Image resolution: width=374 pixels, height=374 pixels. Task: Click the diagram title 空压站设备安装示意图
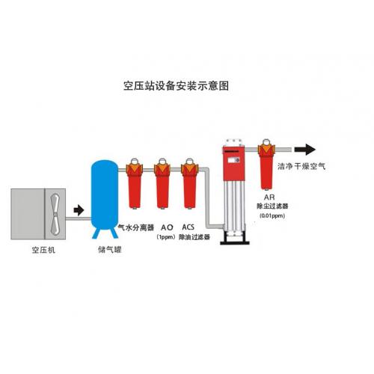pos(176,85)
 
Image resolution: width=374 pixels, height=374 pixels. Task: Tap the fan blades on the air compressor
pos(55,214)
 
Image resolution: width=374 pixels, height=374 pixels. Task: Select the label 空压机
pos(43,250)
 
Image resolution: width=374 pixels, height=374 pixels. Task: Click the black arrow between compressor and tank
pos(79,210)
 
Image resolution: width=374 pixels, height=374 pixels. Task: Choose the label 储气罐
pos(110,250)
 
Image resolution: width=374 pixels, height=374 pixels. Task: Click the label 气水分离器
pos(136,227)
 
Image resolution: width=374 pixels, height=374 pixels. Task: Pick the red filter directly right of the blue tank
pos(135,183)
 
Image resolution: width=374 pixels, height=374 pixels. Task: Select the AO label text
pos(167,227)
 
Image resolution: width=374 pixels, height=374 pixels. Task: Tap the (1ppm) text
pos(166,237)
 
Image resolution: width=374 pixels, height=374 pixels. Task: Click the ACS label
pos(188,227)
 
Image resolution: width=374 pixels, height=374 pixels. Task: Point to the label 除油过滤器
pos(194,237)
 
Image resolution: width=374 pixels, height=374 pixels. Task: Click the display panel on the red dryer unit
pos(234,160)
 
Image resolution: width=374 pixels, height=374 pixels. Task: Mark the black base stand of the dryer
pos(235,238)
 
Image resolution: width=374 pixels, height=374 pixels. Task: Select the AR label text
pos(269,197)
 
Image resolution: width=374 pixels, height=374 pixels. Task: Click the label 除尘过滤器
pos(272,206)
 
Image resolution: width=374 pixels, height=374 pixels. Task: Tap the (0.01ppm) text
pos(272,215)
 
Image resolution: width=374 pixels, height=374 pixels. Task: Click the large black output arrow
pos(305,150)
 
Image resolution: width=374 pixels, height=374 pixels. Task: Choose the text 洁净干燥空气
pos(301,166)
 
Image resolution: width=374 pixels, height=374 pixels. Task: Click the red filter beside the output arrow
pos(266,165)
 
